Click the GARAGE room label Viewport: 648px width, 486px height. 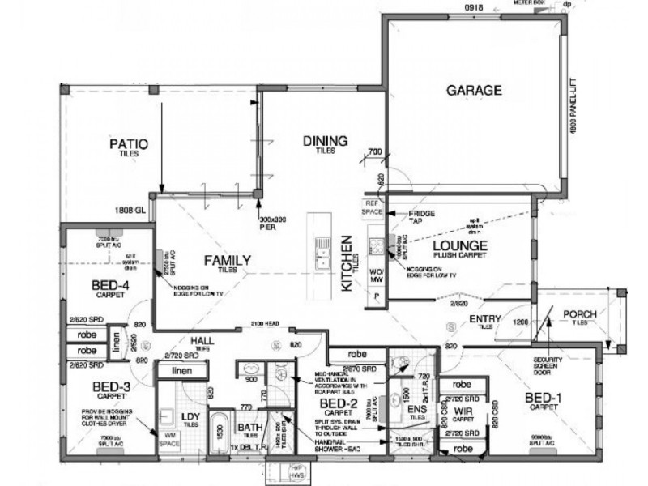(475, 90)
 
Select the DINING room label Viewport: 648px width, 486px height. (326, 141)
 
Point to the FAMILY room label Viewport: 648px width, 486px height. (227, 260)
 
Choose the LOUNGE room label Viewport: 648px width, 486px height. (458, 245)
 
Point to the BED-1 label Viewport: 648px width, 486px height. (544, 398)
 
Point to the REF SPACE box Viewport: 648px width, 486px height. (372, 207)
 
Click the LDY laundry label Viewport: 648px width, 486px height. (191, 417)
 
